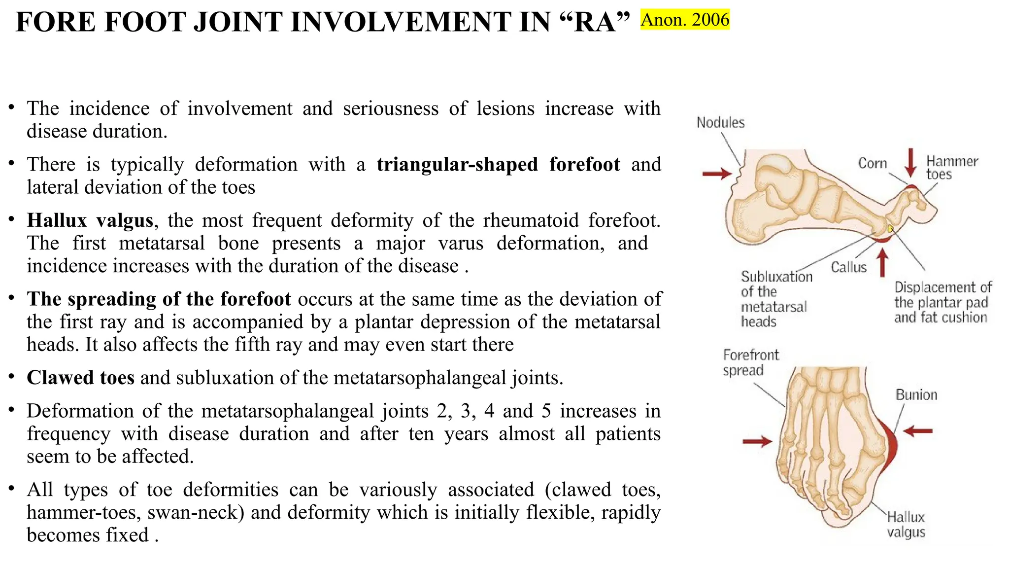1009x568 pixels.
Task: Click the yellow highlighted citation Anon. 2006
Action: (x=685, y=20)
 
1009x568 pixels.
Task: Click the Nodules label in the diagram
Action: (x=720, y=122)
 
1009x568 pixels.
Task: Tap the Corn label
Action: (x=872, y=163)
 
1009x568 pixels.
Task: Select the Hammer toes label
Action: (x=951, y=168)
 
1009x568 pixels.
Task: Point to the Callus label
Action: (x=848, y=267)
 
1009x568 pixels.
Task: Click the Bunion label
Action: (x=916, y=394)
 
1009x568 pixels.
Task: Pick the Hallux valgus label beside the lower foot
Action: (x=906, y=525)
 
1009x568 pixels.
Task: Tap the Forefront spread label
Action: (x=750, y=362)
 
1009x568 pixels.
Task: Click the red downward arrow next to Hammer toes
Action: (x=911, y=162)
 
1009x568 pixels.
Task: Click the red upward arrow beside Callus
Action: (x=883, y=262)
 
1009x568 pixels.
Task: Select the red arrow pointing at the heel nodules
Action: (x=717, y=174)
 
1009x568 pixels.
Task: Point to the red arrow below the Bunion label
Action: (x=918, y=431)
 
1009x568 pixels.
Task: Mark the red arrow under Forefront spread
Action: (x=757, y=441)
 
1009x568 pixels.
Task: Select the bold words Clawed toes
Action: (x=80, y=378)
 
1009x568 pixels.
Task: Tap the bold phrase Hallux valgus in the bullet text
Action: (x=90, y=220)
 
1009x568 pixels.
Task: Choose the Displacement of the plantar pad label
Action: (x=942, y=302)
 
